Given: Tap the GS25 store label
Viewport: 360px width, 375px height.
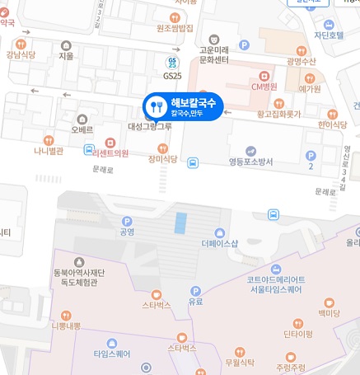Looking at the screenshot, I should [172, 74].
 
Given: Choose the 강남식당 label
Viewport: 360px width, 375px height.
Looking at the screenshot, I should [21, 54].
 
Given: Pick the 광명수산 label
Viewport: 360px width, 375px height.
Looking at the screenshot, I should [302, 61].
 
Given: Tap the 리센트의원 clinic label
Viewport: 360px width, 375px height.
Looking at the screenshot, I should [110, 152].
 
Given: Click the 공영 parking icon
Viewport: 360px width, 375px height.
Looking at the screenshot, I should [127, 221].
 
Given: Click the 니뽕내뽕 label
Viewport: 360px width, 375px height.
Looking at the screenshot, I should [65, 325].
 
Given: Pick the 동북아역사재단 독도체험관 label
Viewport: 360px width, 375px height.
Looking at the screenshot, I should [70, 276].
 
